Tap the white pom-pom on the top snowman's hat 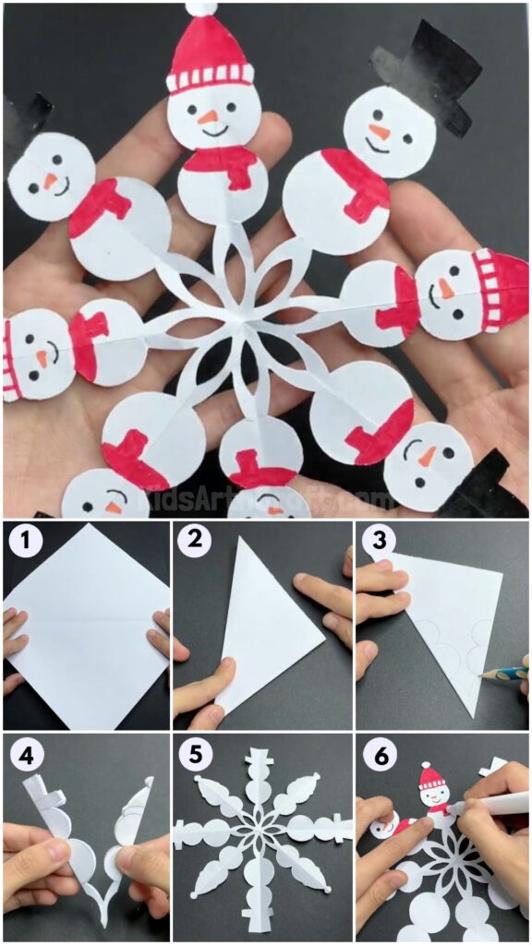(x=199, y=8)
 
